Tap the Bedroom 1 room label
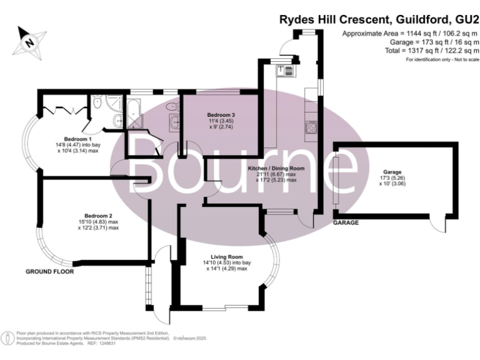(x=78, y=138)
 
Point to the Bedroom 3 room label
(x=221, y=115)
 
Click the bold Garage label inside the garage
(x=393, y=172)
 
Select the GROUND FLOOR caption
(x=49, y=272)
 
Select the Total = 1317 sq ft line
(x=429, y=50)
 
